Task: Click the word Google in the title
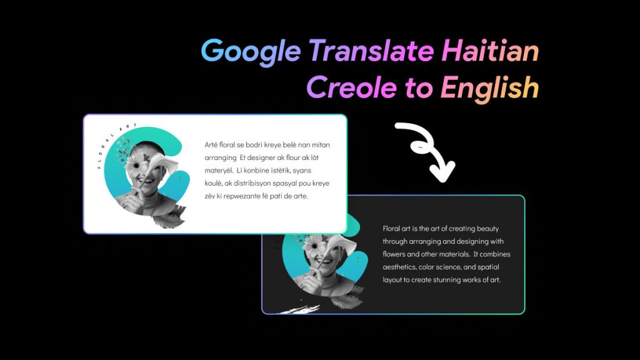251,51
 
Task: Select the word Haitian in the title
490,51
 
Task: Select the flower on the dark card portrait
312,246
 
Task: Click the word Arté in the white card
212,145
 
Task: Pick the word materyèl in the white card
218,170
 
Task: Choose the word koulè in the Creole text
215,183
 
